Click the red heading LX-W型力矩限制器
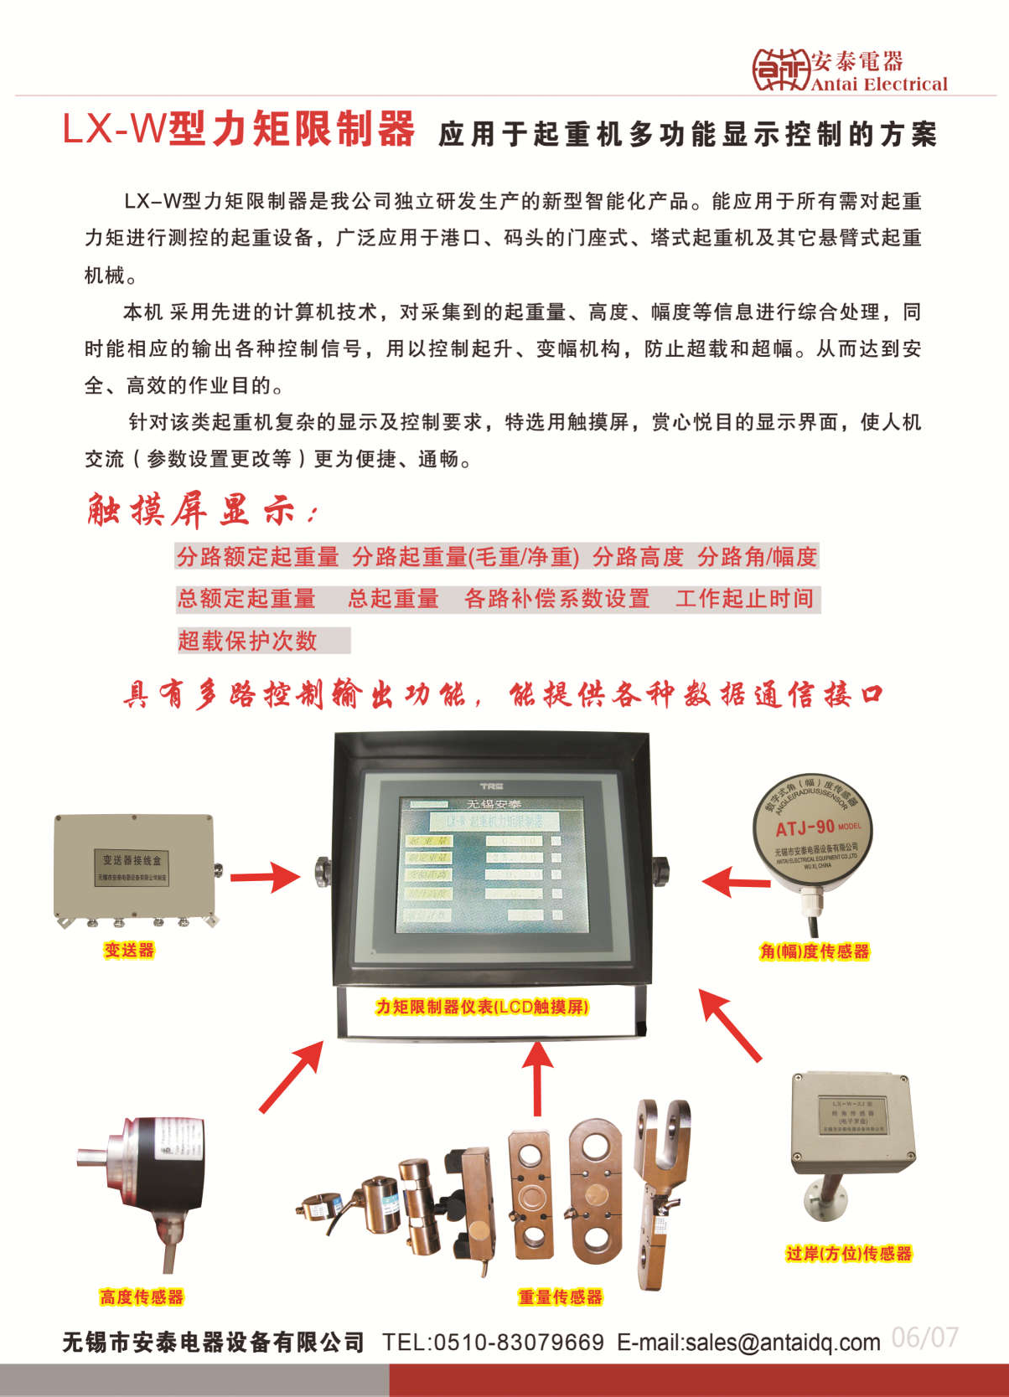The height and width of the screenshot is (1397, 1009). [x=239, y=130]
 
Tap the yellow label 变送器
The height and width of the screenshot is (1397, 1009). [x=129, y=950]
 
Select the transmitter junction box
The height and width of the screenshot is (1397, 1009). [x=134, y=868]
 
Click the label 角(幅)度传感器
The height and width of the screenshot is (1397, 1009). [x=814, y=951]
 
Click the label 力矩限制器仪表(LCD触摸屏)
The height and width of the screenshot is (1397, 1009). [x=482, y=1007]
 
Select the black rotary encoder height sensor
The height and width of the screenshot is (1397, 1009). [x=151, y=1173]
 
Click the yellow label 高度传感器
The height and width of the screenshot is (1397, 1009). [x=141, y=1297]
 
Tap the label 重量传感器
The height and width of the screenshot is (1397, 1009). [x=560, y=1297]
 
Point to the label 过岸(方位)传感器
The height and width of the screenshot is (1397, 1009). [x=848, y=1254]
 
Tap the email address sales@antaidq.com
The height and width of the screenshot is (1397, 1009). [x=783, y=1343]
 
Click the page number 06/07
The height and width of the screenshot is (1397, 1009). [x=924, y=1338]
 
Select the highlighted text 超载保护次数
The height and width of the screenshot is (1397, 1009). [x=247, y=641]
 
